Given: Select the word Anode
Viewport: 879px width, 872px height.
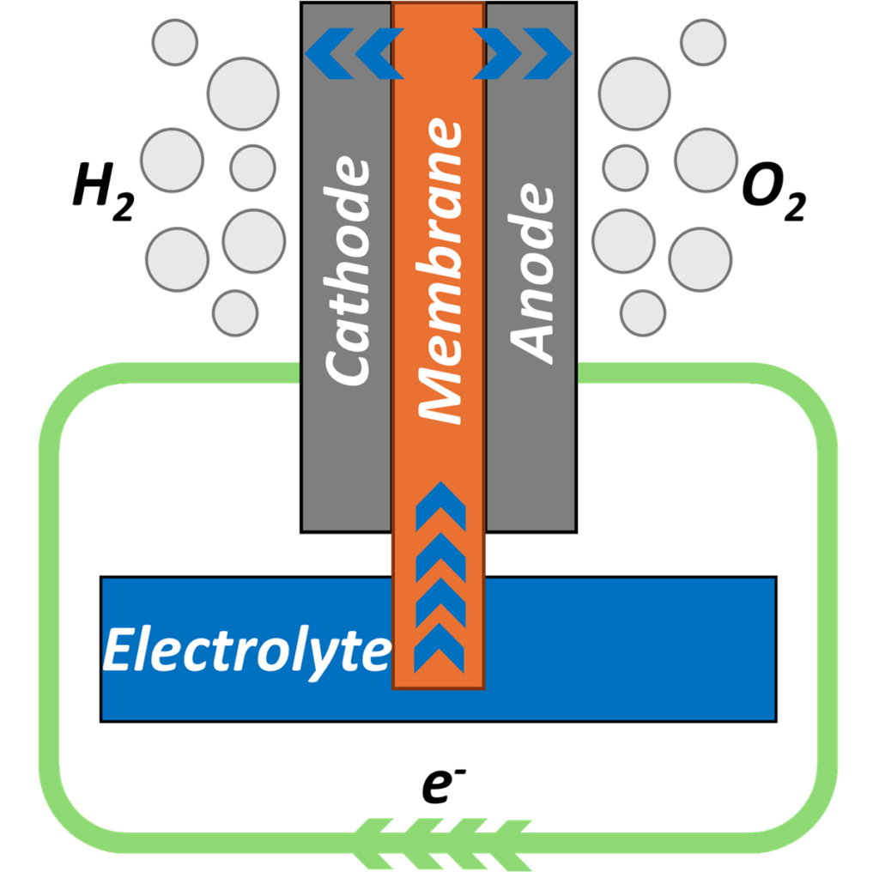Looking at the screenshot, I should coord(531,271).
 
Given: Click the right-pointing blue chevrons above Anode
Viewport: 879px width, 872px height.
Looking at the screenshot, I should coord(524,52).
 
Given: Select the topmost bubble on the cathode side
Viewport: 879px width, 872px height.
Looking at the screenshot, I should coord(175,41).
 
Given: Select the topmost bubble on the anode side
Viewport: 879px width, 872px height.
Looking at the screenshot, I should coord(703,41).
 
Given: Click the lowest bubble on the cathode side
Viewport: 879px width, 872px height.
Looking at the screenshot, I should coord(235,312).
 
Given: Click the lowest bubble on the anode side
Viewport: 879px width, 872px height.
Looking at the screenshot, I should coord(643,313).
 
